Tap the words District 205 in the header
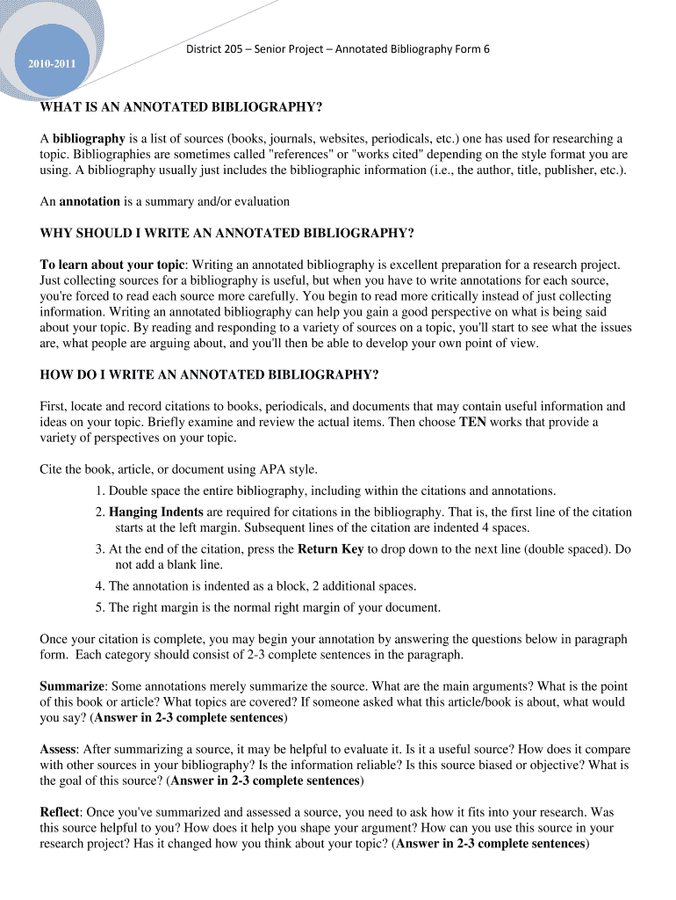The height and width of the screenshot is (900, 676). pos(216,49)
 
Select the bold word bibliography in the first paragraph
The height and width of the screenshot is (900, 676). pos(89,139)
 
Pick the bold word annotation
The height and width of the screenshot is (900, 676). pos(90,201)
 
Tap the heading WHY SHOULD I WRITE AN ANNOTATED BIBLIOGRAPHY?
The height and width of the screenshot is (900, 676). pos(227,233)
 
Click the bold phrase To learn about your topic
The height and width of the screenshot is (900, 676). pos(112,265)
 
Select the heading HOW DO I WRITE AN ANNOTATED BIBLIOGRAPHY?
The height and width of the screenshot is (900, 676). pos(209,374)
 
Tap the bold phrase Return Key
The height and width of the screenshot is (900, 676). pos(331,549)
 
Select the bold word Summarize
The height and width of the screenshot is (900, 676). pos(72,686)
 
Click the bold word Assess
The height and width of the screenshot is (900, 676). pos(58,749)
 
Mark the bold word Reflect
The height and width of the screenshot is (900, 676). pos(61,812)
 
